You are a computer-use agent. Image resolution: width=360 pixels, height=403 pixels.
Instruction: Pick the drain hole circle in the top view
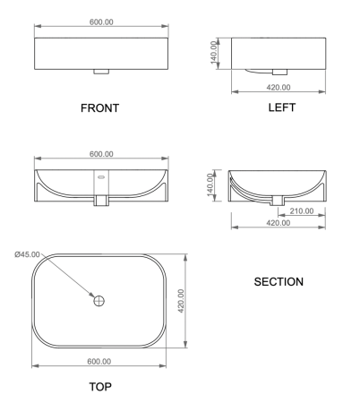point(99,301)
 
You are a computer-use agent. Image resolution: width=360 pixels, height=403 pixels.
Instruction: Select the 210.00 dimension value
point(303,212)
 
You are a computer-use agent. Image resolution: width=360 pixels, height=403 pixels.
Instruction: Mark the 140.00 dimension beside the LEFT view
point(215,56)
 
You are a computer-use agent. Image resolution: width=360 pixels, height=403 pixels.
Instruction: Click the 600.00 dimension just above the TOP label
point(99,361)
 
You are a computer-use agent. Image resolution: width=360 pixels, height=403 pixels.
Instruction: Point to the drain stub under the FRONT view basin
point(99,70)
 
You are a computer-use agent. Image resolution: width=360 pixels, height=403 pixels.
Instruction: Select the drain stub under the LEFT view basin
point(279,70)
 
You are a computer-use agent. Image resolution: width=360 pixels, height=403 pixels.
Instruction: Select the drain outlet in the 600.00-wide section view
point(99,201)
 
